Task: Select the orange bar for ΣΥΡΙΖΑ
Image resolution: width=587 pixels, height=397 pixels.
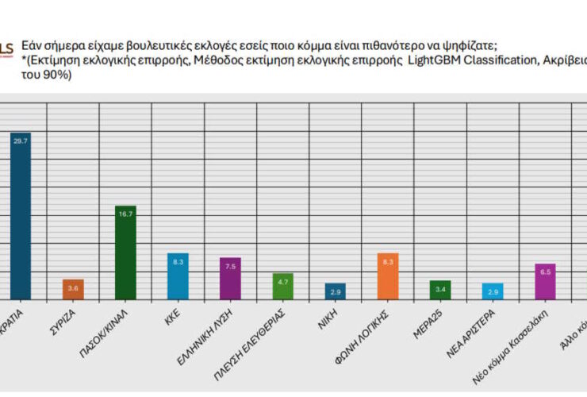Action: tap(73, 289)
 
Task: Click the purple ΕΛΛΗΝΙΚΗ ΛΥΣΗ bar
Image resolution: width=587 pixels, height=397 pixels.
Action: tap(230, 279)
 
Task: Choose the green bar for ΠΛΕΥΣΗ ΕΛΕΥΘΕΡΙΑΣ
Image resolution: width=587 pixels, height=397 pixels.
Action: tap(282, 287)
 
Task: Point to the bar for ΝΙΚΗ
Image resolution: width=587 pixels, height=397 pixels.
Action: tap(336, 291)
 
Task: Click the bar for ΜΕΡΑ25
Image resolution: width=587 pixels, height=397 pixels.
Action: tap(440, 290)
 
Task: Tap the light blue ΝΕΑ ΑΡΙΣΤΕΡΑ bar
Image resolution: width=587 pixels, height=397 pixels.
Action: tap(493, 291)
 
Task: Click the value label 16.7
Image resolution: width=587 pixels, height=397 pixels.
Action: tap(125, 214)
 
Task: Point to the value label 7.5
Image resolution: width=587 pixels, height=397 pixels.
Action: tap(230, 267)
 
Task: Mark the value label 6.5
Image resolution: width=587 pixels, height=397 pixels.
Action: tap(545, 272)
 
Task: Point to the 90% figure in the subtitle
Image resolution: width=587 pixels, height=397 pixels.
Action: tap(59, 77)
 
